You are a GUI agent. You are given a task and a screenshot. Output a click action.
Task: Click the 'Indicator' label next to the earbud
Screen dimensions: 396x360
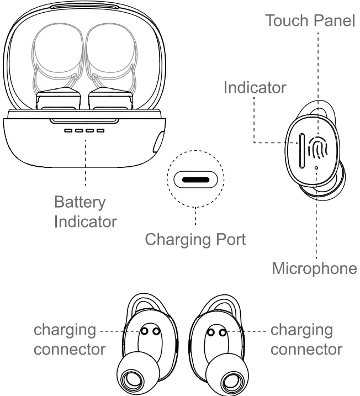point(255,87)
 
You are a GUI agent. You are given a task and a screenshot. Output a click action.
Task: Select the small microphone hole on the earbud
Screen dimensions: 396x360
point(316,168)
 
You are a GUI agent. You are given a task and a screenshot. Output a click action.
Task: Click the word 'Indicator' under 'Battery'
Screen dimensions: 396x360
point(85,221)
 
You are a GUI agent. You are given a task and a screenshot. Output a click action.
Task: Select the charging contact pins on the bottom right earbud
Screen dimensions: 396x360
point(216,331)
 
